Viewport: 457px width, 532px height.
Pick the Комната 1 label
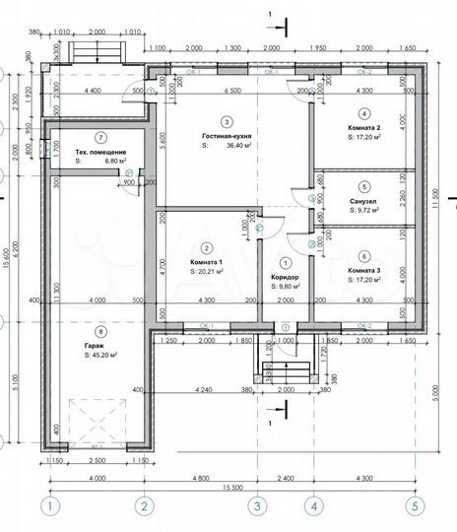[206, 261]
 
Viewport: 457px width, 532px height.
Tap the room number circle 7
[73, 137]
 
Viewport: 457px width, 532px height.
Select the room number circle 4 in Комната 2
[363, 113]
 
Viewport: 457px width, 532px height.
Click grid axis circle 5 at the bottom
[415, 507]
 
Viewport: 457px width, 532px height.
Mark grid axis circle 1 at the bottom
[46, 507]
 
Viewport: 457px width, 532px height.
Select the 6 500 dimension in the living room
[232, 92]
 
